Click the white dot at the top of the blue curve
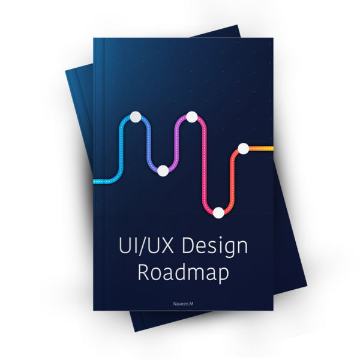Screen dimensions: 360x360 [136, 116]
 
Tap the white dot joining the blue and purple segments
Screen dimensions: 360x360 [163, 170]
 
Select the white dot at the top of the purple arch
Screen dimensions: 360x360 [192, 116]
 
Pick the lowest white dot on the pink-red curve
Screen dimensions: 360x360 [218, 211]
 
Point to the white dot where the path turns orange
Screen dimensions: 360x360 [243, 148]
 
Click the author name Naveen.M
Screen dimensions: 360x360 [183, 305]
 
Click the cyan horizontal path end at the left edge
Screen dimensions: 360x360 [97, 179]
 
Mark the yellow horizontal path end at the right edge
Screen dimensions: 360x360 [269, 148]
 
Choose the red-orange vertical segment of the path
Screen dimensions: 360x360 [232, 180]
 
